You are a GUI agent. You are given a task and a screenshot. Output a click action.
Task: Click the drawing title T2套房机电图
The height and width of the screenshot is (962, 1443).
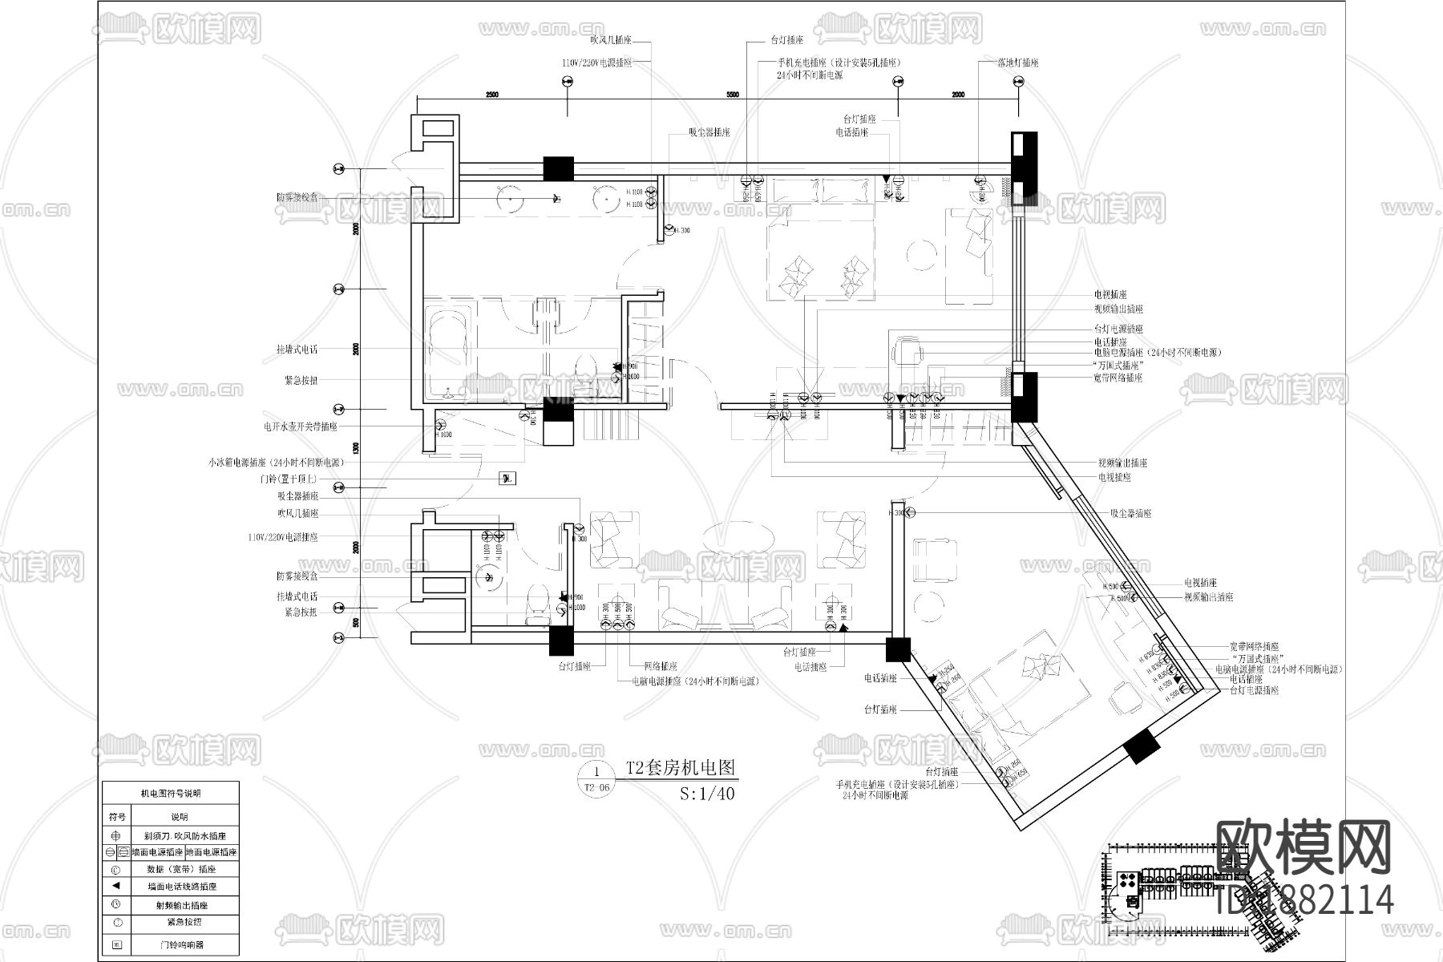[681, 768]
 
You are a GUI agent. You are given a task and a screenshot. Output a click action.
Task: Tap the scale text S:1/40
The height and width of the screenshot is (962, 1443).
[706, 794]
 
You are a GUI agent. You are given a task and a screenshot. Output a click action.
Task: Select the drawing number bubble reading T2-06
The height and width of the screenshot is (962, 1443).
[597, 779]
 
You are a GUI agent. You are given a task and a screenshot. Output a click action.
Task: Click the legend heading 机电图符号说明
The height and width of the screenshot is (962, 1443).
[170, 794]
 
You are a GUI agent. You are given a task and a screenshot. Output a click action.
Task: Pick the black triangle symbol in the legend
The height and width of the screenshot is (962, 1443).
[116, 886]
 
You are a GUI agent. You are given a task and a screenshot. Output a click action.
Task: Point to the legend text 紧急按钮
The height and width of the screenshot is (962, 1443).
[184, 922]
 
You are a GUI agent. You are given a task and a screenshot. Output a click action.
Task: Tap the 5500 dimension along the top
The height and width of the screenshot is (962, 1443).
[732, 95]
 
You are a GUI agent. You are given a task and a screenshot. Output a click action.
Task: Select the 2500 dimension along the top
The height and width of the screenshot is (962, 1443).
[491, 95]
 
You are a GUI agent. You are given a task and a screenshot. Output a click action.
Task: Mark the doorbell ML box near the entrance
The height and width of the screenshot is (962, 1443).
[507, 479]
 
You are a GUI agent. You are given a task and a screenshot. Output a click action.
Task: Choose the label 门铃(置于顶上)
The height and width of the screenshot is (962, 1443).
[289, 479]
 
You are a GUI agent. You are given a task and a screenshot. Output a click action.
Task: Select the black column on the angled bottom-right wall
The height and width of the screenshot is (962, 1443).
[1142, 746]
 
